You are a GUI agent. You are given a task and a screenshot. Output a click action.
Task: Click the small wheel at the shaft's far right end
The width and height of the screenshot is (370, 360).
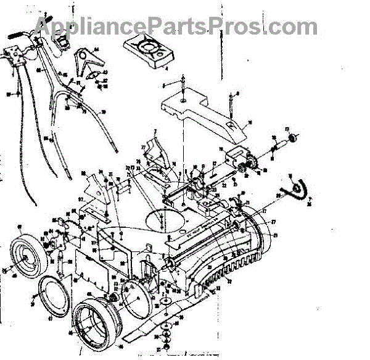point(292,137)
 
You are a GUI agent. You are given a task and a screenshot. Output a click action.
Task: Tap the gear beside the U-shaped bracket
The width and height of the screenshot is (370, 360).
point(250,164)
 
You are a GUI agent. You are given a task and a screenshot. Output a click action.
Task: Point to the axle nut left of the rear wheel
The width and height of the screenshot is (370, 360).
point(6,269)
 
